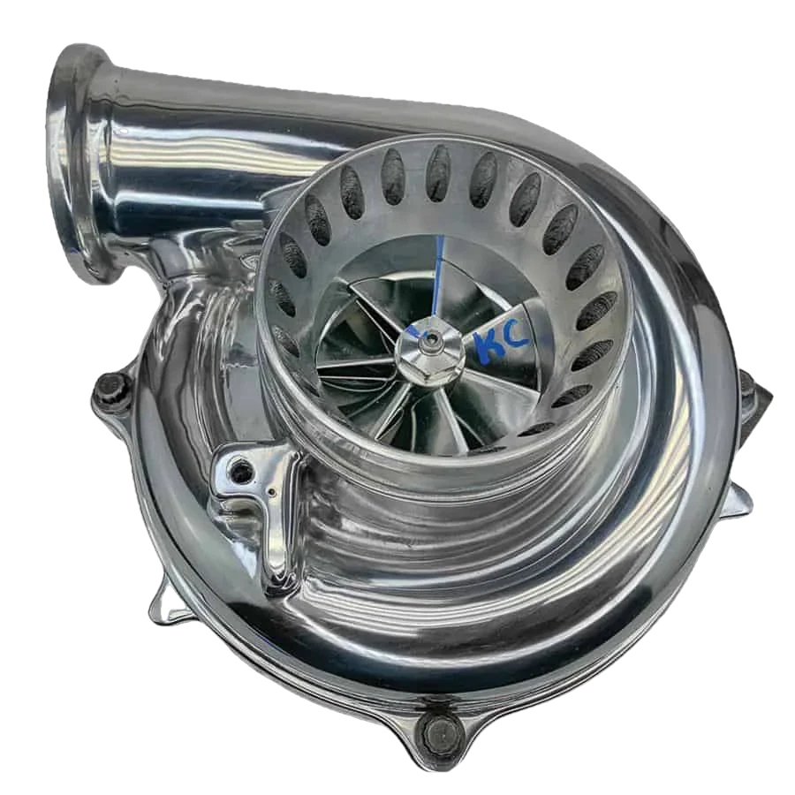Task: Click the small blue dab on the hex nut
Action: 413,332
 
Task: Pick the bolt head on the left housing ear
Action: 112,388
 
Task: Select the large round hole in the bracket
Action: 241,472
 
